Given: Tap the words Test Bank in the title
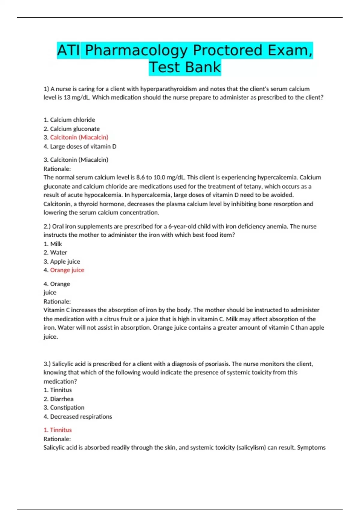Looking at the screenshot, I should pyautogui.click(x=185, y=67).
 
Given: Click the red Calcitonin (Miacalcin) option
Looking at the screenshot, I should pyautogui.click(x=79, y=137).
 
